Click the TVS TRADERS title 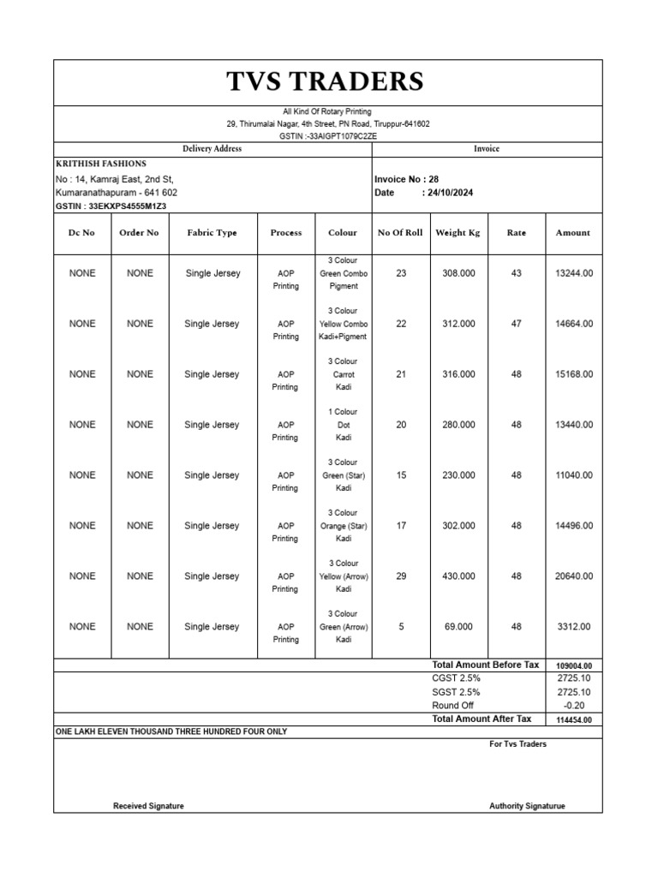click(x=325, y=82)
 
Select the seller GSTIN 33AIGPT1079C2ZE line click(x=328, y=136)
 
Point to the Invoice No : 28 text click(x=406, y=180)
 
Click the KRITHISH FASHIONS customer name click(x=100, y=164)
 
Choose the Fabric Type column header click(x=212, y=233)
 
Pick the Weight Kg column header click(x=458, y=233)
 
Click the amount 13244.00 click(x=573, y=273)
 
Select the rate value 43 click(x=516, y=273)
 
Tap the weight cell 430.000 click(x=458, y=576)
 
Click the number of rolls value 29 click(x=401, y=576)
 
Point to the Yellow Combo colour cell click(x=343, y=324)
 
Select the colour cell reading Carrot click(x=343, y=374)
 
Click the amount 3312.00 click(x=574, y=627)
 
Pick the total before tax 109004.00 click(x=573, y=666)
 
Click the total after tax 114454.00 click(x=573, y=720)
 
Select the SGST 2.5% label click(x=456, y=692)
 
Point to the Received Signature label click(x=148, y=806)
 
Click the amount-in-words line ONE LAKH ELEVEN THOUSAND click(x=171, y=732)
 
